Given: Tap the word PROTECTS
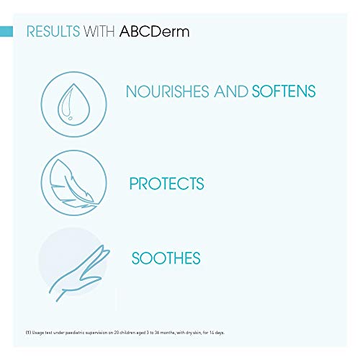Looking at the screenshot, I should click(166, 184).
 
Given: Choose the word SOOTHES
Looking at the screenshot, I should click(165, 258).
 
